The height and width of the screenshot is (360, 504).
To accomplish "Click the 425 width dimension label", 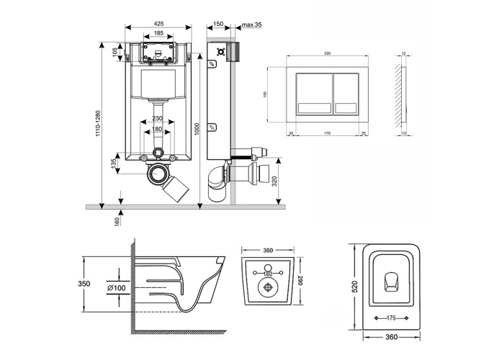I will pyautogui.click(x=158, y=22).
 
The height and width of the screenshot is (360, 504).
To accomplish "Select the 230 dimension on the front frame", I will pyautogui.click(x=158, y=120).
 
